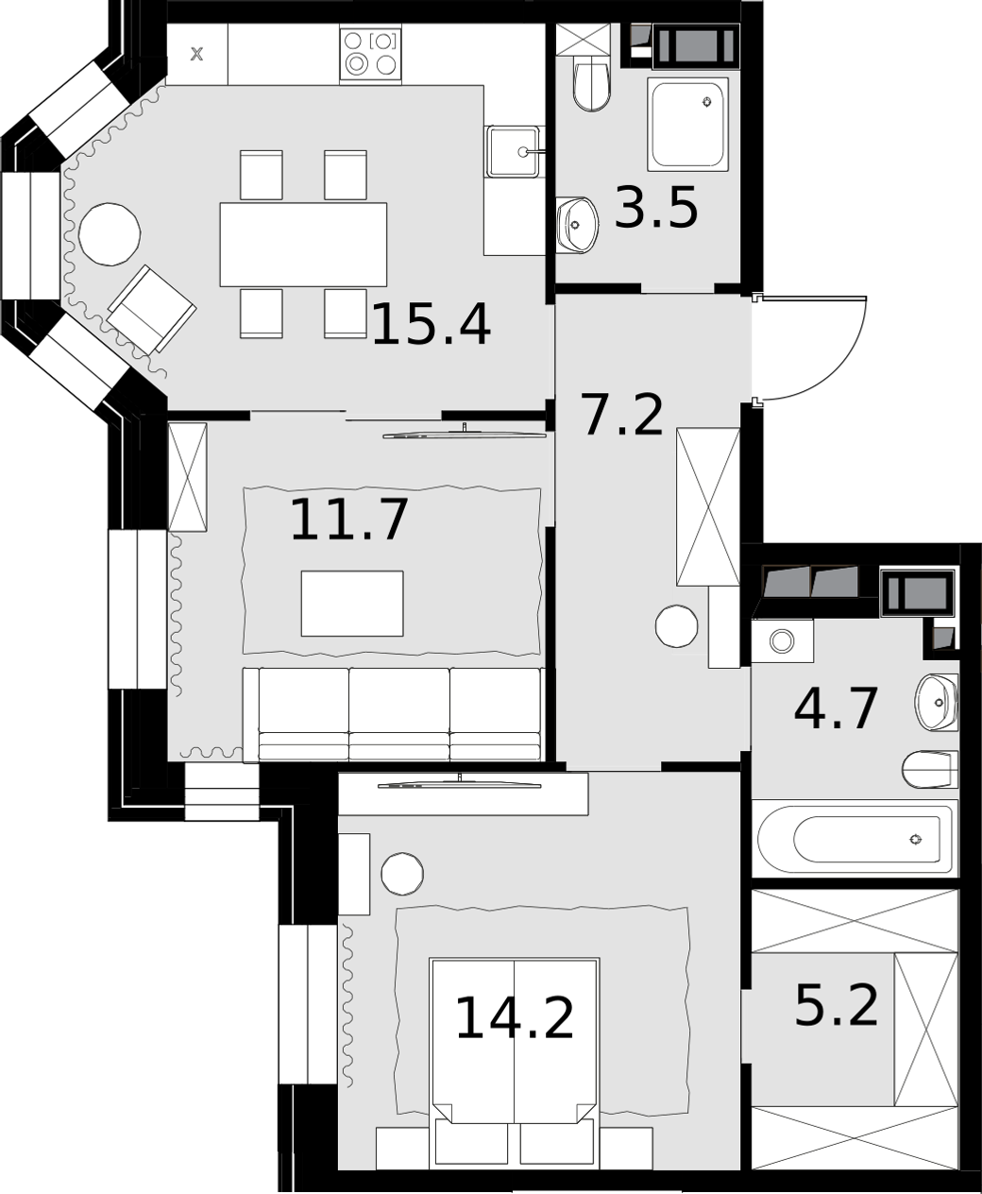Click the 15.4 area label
pos(432,325)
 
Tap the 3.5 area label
pos(656,209)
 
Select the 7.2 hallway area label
pos(621,415)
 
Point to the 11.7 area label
pos(348,520)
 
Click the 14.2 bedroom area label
pos(515,1018)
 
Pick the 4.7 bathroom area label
pos(836,708)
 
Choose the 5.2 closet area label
pos(837,1005)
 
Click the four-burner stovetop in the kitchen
pos(371,55)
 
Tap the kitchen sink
pos(513,151)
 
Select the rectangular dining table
pos(303,245)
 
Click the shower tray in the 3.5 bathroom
pos(687,124)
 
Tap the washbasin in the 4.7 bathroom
pos(936,702)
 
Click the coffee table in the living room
pos(352,604)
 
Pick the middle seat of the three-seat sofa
pos(399,713)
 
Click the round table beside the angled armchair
pos(110,233)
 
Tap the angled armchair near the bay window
pos(152,310)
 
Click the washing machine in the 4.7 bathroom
pos(782,641)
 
